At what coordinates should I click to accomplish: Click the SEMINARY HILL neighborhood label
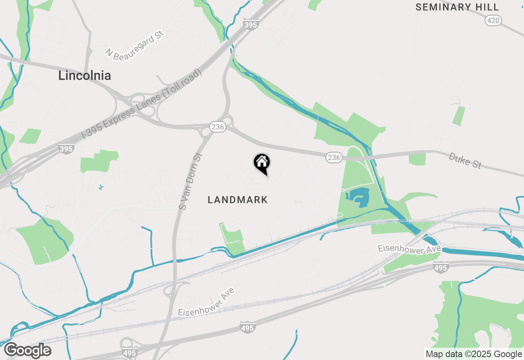coord(457,7)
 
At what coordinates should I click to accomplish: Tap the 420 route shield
coord(493,20)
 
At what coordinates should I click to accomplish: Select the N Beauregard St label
coord(135,45)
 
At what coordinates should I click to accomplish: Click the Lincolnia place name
coord(84,76)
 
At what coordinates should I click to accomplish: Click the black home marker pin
coord(262,163)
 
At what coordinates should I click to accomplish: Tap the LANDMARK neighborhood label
coord(237,200)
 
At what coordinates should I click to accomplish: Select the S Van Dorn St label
coord(191,181)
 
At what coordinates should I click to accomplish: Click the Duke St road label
coord(465,160)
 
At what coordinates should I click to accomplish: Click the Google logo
coord(27,350)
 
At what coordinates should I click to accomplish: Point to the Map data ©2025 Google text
coord(474,354)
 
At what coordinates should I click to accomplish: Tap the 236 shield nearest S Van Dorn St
coord(218,127)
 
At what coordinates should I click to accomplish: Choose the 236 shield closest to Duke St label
coord(334,157)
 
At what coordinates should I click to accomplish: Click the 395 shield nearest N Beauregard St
coord(250,25)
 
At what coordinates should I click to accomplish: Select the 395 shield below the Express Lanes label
coord(65,148)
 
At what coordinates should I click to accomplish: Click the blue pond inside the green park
coord(359,198)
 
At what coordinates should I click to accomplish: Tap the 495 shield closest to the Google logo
coord(129,353)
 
